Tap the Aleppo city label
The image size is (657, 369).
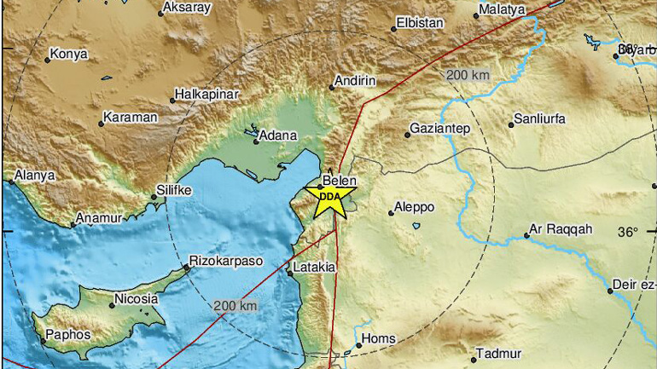[x=416, y=207]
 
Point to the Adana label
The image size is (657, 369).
[x=278, y=135]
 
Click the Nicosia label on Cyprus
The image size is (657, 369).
[x=137, y=299]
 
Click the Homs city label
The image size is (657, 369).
[x=379, y=338]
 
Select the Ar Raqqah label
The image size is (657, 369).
[x=561, y=230]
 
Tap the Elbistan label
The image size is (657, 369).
[x=421, y=24]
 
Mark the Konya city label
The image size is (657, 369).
[x=69, y=54]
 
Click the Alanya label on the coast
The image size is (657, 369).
[x=34, y=175]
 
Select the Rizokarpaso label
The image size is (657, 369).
[x=226, y=262]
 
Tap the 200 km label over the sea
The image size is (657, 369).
[x=235, y=306]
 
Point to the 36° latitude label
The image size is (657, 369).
[x=628, y=232]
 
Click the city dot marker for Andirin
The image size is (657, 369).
[x=333, y=85]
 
